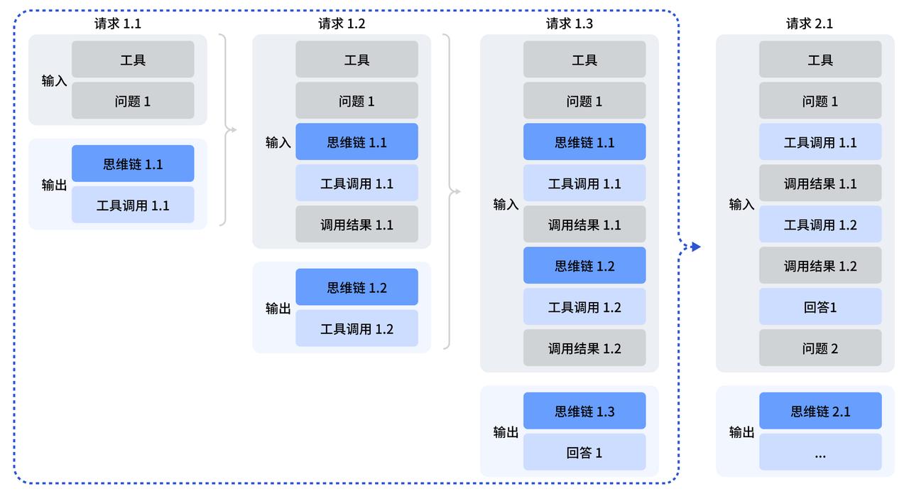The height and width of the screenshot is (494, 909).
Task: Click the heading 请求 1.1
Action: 118,23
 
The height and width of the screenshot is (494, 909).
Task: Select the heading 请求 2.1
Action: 809,23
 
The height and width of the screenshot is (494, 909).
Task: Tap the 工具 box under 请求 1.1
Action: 133,60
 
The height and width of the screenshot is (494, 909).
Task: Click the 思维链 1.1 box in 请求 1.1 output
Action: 133,163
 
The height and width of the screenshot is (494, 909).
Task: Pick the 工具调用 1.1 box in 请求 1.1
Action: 133,205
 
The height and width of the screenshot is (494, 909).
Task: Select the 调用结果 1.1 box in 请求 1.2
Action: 356,225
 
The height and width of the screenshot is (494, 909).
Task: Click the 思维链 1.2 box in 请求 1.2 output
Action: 356,287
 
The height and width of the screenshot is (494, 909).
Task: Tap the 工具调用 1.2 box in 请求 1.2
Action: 356,328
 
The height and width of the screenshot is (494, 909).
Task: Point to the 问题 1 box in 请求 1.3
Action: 584,101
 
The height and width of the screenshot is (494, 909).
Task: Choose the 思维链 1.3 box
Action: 584,411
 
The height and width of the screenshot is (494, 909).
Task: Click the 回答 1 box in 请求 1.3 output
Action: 584,452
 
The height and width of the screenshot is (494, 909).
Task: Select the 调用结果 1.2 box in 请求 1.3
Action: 584,348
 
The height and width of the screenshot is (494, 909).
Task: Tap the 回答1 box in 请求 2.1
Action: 820,307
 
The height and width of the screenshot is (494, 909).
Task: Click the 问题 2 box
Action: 820,348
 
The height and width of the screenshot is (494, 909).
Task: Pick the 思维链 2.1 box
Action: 820,411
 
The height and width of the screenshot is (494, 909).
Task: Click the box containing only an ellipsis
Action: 820,452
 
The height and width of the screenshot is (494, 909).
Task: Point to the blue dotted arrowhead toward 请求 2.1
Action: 696,247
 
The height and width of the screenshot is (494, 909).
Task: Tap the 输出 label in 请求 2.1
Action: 741,431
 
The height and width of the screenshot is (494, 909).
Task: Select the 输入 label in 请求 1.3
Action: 506,204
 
